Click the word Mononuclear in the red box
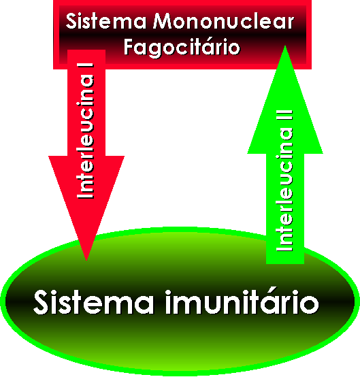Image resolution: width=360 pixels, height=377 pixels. pos(224,21)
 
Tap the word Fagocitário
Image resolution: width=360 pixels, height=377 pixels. pos(182,47)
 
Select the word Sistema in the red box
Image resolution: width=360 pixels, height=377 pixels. pos(106,21)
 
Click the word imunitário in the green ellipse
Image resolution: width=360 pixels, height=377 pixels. pos(242,302)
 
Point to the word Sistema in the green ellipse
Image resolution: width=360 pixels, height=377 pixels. pos(93,302)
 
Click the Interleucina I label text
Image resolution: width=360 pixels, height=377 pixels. pos(85,131)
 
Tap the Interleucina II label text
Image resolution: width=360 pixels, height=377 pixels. pos(284,181)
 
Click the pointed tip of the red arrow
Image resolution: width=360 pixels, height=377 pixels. pos(86,260)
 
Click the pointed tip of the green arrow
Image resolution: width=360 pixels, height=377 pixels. pos(285,46)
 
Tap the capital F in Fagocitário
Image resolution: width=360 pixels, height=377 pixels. pos(129,47)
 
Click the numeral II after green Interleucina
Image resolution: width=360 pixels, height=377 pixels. pos(284,115)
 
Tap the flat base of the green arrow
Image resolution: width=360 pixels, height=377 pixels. pos(285,263)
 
